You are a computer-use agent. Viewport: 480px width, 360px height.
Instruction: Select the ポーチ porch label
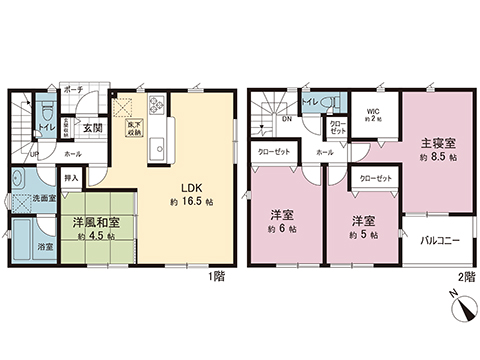point(71,88)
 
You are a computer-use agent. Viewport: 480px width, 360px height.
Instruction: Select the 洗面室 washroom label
point(44,198)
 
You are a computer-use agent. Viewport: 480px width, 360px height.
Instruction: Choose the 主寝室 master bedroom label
point(439,143)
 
